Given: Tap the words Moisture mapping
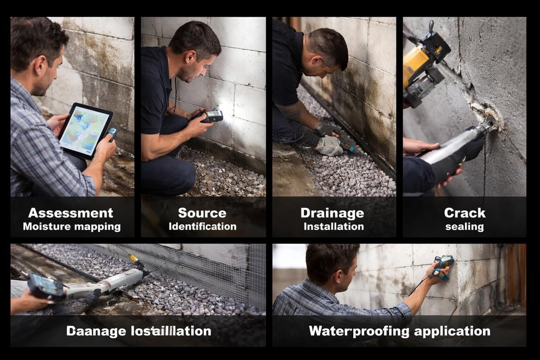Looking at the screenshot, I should (x=72, y=226).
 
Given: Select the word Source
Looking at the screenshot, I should (x=202, y=212).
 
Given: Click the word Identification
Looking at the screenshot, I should (x=202, y=226).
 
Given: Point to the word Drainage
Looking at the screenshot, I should (x=332, y=212).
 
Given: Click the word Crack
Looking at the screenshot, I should (x=464, y=212).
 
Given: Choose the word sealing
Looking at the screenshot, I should (x=464, y=226).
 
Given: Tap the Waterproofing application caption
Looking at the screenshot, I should (x=399, y=332).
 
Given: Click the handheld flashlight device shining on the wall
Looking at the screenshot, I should (x=211, y=116).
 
